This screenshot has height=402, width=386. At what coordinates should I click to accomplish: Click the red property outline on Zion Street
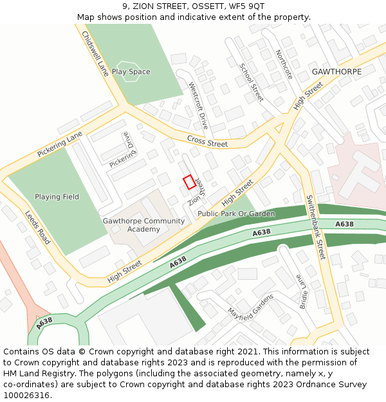pos(189,182)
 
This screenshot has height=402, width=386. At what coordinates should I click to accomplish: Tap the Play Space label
pos(131,72)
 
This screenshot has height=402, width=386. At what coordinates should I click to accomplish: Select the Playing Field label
pos(57,197)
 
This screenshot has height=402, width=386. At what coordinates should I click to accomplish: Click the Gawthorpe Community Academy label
pos(143,225)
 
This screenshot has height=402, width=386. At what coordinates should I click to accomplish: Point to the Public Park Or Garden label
pos(236,214)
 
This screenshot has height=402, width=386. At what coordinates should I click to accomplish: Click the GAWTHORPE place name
pos(336,71)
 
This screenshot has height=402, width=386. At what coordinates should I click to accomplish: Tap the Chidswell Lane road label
pos(96,55)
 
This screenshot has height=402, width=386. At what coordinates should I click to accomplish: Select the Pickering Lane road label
pos(60,145)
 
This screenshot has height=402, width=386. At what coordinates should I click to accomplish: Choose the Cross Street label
pos(207,141)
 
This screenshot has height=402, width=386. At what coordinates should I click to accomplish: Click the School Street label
pos(252,82)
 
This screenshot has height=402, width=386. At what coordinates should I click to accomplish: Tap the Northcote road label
pos(284,64)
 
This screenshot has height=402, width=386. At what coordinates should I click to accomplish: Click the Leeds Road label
pos(38,227)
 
